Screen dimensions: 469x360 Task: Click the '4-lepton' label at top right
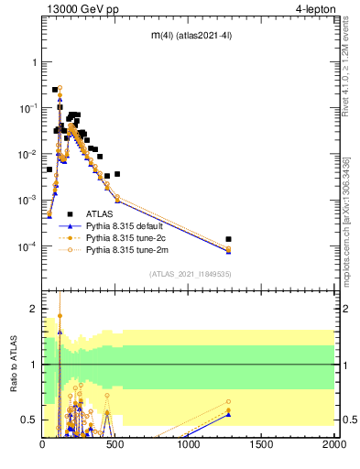314,9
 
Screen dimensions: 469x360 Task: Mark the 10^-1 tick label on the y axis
27,108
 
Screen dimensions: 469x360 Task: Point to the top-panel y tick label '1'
35,62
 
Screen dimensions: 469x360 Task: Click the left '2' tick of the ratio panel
35,309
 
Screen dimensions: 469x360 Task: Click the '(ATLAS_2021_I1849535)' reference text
190,273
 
